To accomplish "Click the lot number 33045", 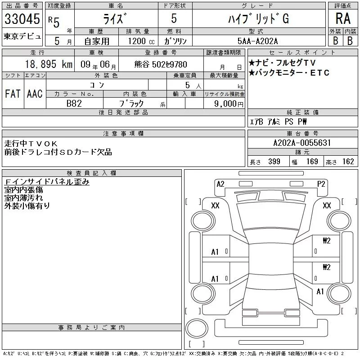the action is point(22,19).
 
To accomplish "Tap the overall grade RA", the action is point(343,18).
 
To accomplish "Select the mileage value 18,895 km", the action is point(49,64).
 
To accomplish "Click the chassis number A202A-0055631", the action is point(302,143).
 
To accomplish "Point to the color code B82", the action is point(74,103).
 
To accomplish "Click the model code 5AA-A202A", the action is point(257,41).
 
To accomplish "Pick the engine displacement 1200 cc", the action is point(141,41).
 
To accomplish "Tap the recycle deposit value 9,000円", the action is point(229,104).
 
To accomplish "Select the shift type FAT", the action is point(13,94).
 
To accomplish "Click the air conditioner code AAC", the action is point(35,94).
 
